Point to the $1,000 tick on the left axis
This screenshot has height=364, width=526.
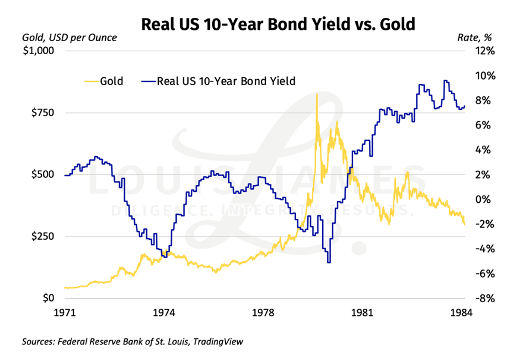point(37,51)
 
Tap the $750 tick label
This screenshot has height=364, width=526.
point(42,113)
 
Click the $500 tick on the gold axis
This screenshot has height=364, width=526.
point(42,175)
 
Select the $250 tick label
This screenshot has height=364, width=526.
point(42,236)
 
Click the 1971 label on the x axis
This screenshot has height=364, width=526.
point(65,313)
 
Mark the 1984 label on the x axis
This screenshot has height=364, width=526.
point(461,313)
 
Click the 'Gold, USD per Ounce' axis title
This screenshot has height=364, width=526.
point(69,38)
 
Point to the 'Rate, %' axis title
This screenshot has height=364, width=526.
point(475,38)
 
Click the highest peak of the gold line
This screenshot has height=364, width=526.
point(317,94)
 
